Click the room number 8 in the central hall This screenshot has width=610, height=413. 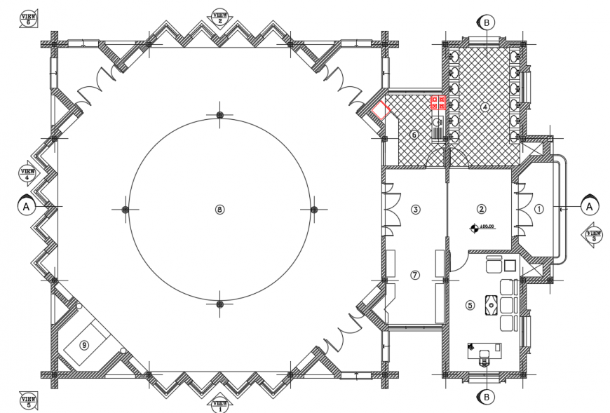point(219,209)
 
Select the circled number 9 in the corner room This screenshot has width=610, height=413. point(84,344)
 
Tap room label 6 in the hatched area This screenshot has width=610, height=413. point(414,135)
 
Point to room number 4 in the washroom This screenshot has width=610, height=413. point(484,107)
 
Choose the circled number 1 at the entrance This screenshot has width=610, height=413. point(538,208)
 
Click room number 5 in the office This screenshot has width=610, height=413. point(470,305)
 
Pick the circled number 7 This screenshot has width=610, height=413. point(415,275)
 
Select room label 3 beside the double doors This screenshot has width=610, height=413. point(415,209)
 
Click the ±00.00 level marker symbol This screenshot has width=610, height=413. point(475,227)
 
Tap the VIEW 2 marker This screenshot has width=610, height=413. point(219,17)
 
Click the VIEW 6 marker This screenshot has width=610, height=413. point(29,18)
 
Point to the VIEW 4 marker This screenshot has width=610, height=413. point(28,173)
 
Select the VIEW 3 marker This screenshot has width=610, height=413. point(593,235)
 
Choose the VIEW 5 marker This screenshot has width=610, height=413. point(29,401)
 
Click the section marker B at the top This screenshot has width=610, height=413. point(487,22)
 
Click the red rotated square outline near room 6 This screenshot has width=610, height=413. point(381,110)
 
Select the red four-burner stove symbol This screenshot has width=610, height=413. point(438,102)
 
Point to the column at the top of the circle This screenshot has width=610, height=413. point(219,114)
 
